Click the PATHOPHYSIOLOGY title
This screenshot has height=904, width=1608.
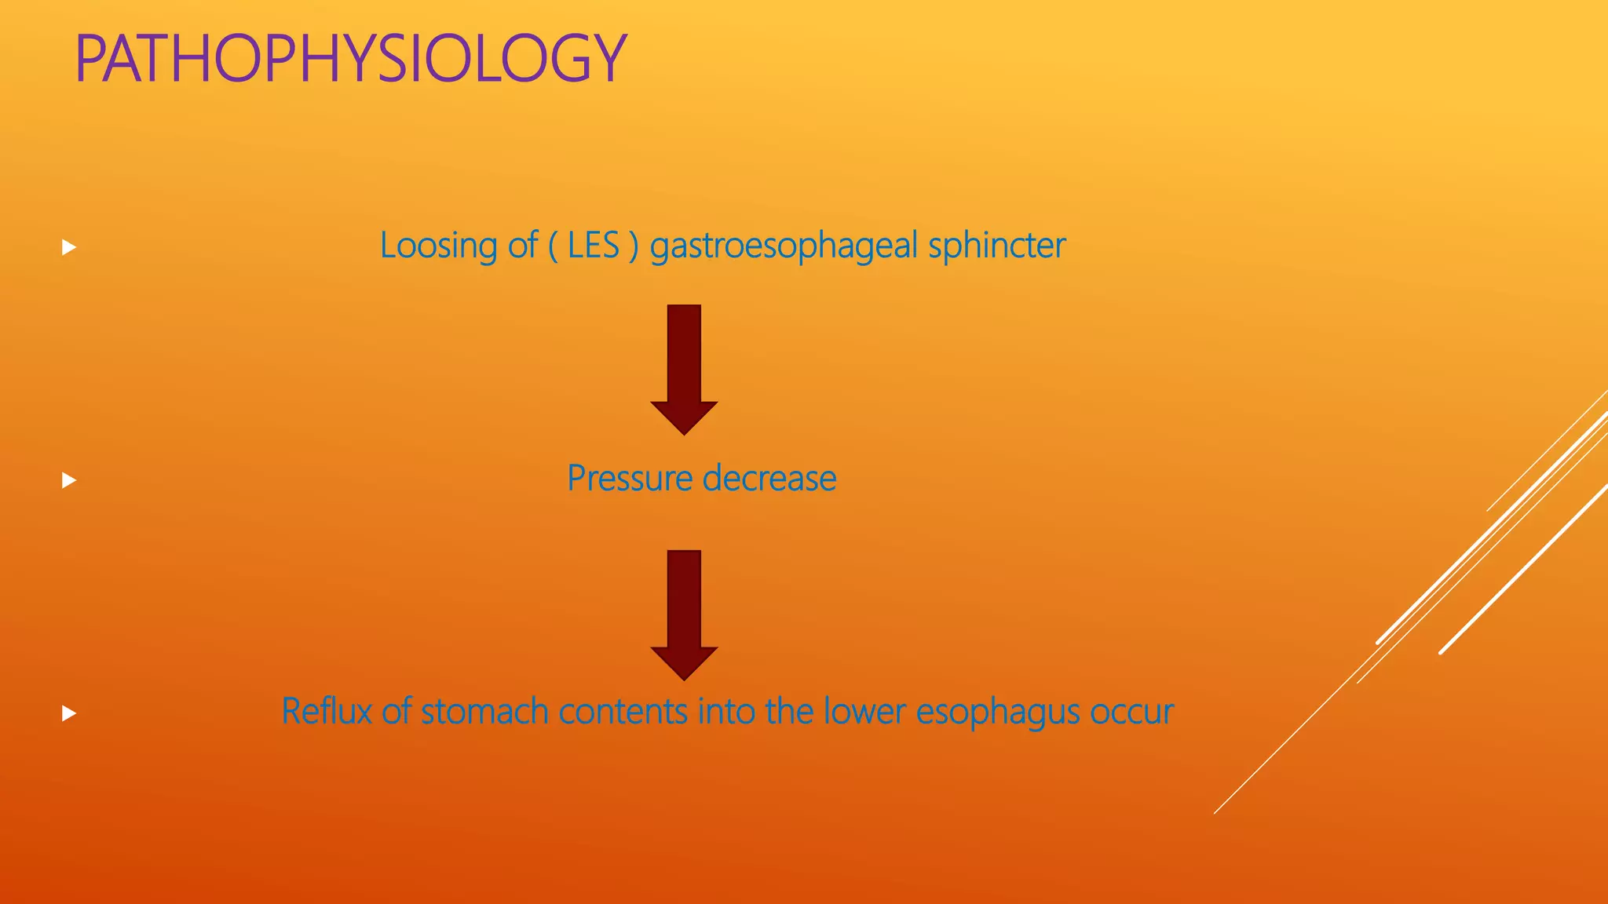[350, 59]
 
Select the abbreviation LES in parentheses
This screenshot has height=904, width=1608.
[594, 246]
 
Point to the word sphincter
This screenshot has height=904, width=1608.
[996, 246]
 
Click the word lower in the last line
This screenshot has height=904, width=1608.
[864, 712]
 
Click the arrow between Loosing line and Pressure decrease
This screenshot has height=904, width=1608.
[684, 369]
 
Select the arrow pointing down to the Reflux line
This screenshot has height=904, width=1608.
[684, 614]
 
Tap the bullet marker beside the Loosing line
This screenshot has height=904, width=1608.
[69, 248]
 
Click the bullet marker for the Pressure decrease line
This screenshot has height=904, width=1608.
[69, 480]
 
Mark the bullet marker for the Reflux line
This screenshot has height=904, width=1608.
[69, 713]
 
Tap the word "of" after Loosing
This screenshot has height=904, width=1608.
[522, 246]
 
